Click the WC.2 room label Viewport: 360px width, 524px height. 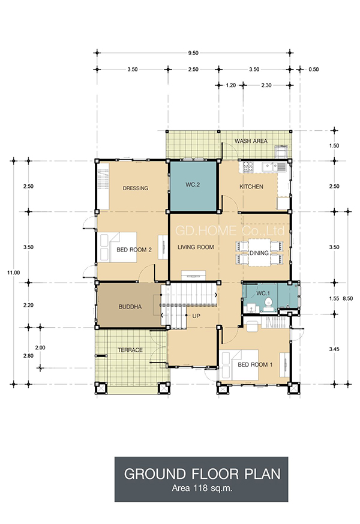pos(193,184)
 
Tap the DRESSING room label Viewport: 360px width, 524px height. pos(135,188)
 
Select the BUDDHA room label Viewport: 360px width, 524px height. pos(130,307)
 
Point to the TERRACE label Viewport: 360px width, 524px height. pos(130,350)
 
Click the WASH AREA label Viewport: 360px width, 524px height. pos(251,141)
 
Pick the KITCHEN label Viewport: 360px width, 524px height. pos(251,187)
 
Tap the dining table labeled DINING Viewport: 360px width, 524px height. pos(259,253)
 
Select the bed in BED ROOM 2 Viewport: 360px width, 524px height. pos(118,247)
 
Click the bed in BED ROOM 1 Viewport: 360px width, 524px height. pos(239,365)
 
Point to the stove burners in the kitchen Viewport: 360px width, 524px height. pos(248,167)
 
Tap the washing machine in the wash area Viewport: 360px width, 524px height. pos(281,152)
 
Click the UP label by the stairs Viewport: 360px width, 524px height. pos(196,316)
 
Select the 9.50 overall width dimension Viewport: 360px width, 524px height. pos(193,53)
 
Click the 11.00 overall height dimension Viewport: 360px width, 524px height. pos(13,273)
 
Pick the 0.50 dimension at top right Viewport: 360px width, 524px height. pos(314,70)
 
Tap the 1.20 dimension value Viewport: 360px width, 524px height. pos(231,85)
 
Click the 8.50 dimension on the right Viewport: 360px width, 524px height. pos(347,298)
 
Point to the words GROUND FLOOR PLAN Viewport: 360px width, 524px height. pos(202,474)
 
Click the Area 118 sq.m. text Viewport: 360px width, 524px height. pos(202,488)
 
